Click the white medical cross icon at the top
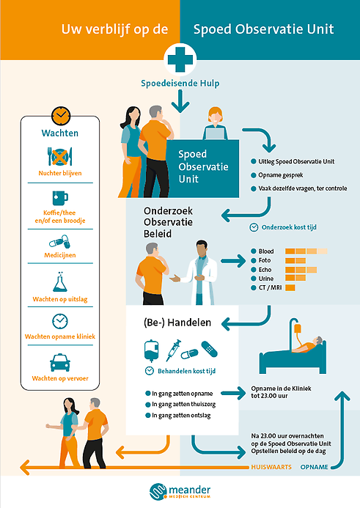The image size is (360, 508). (180, 59)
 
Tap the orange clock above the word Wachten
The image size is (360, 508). (61, 116)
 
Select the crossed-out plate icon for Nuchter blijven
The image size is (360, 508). (60, 157)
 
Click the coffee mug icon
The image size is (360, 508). (60, 198)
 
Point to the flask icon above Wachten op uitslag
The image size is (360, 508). (60, 282)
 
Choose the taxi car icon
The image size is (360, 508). (60, 362)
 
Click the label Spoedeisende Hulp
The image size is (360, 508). (180, 84)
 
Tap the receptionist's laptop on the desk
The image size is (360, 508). (215, 134)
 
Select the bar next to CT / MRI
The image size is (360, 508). (290, 287)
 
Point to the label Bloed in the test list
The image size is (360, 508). (266, 251)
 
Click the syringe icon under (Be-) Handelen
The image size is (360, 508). (173, 350)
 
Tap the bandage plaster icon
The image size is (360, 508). (209, 349)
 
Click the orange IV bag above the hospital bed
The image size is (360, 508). (298, 329)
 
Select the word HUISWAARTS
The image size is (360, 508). (271, 467)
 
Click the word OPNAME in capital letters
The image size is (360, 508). (314, 467)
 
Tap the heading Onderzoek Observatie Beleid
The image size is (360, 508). (168, 222)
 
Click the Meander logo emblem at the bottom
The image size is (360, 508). (158, 491)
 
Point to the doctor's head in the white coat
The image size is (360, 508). (202, 248)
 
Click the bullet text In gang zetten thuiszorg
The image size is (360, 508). (183, 405)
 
